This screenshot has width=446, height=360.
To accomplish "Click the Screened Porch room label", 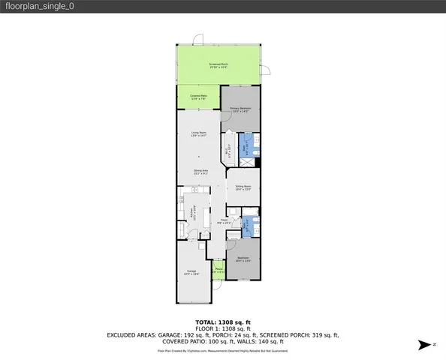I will [x=218, y=66].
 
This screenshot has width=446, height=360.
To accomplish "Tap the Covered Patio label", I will [x=198, y=96].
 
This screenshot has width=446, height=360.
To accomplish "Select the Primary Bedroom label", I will [x=240, y=110].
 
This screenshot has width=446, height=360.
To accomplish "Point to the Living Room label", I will [x=198, y=134].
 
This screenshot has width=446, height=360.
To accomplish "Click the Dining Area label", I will [x=200, y=172].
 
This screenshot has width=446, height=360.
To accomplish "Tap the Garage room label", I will [x=191, y=273].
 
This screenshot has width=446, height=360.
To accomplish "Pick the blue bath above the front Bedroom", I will [x=249, y=225].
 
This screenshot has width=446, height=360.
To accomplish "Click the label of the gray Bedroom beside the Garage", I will [x=243, y=259].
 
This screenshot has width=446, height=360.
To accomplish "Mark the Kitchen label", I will [x=194, y=211].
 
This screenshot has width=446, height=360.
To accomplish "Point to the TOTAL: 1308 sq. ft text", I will [x=222, y=322].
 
